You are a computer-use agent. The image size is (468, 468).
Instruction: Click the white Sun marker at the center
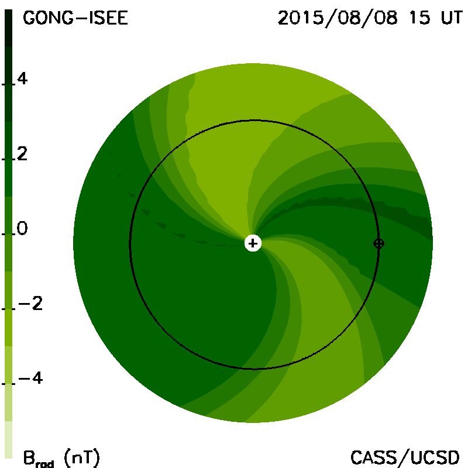click(253, 243)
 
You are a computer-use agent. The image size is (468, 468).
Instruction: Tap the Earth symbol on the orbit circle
click(378, 243)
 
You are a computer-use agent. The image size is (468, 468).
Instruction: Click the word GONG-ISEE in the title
click(75, 18)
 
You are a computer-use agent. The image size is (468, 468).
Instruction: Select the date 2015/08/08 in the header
click(338, 18)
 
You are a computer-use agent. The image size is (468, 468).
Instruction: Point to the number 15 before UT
click(420, 18)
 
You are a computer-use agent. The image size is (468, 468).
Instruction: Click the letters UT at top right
click(452, 18)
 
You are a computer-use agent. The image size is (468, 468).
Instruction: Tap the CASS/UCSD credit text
click(405, 457)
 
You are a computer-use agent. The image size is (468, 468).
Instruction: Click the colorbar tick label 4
click(22, 78)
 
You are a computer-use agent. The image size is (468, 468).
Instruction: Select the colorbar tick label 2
click(22, 154)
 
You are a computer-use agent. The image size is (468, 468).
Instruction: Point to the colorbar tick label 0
click(22, 228)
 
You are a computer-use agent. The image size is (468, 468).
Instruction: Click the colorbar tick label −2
click(30, 304)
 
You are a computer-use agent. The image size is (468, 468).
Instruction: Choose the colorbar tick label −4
click(30, 378)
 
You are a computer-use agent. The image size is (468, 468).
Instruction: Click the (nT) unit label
click(82, 457)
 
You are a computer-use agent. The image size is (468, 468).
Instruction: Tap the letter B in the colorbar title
click(29, 457)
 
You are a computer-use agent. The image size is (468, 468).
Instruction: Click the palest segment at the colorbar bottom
click(8, 440)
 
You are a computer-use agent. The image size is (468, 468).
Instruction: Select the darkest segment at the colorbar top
click(8, 28)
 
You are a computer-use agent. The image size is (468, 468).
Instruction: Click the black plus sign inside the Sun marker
click(253, 243)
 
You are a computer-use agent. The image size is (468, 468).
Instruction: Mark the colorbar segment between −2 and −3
click(8, 328)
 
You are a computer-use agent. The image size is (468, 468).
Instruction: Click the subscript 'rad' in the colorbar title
click(45, 464)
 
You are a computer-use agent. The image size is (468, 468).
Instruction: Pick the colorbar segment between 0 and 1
click(8, 215)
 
